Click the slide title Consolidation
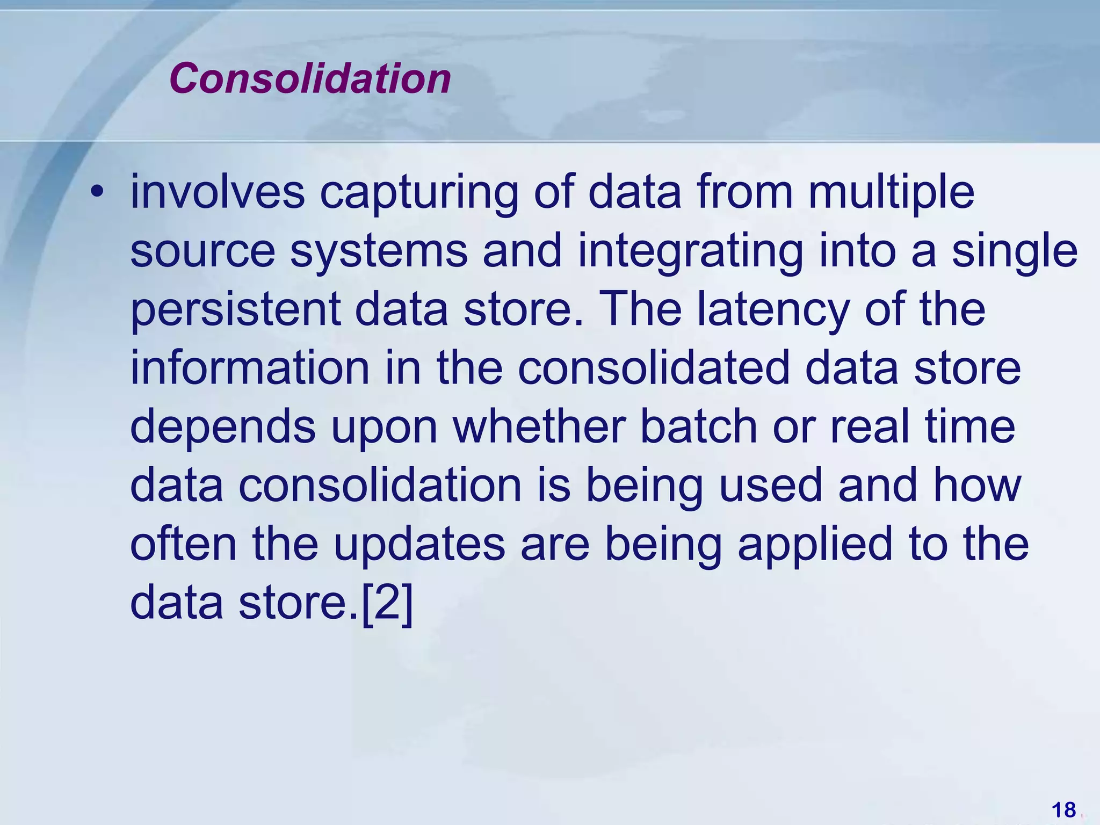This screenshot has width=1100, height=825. point(310,79)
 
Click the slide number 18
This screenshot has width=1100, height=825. point(1063,809)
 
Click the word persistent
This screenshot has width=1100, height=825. point(235,310)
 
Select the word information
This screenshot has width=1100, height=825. point(250,368)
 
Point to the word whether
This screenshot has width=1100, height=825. point(539,427)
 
